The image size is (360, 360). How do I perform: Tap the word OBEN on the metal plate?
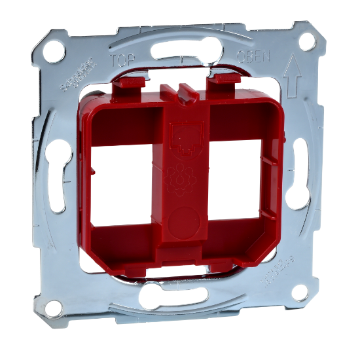[253, 57]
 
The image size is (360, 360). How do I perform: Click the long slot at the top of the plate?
[183, 49]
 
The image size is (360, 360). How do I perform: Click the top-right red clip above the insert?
[225, 82]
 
